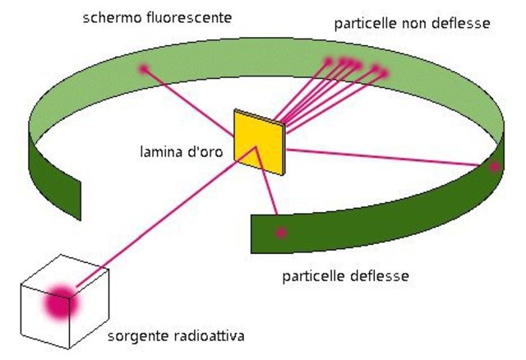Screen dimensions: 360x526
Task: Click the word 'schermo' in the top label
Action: [109, 17]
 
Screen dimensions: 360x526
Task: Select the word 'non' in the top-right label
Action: [413, 24]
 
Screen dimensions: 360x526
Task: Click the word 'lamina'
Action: [161, 151]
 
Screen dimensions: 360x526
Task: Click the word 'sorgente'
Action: [136, 336]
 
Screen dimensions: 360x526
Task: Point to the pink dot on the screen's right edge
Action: [494, 167]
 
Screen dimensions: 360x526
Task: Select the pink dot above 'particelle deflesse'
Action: [281, 233]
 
